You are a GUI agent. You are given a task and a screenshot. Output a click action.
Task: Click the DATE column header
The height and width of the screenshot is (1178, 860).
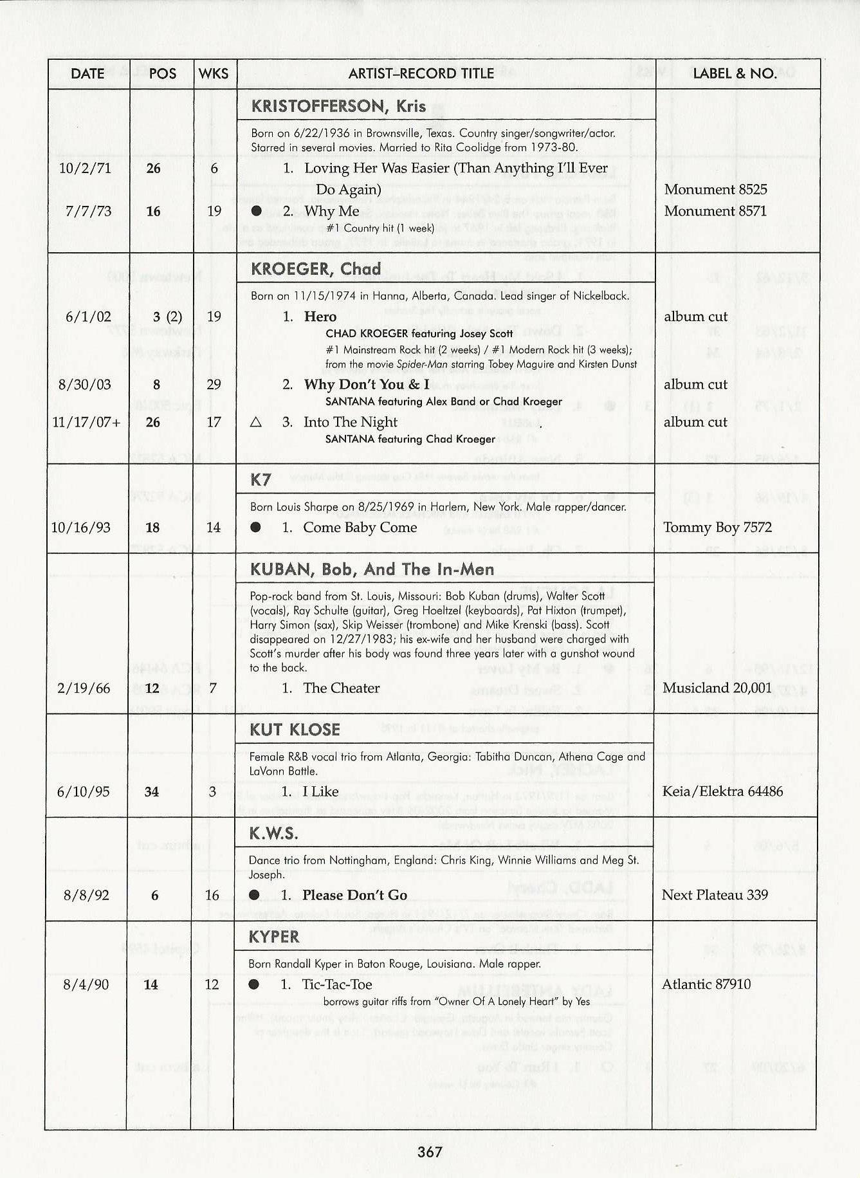pyautogui.click(x=87, y=73)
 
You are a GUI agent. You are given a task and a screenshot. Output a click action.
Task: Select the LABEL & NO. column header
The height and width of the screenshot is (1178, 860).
pyautogui.click(x=735, y=73)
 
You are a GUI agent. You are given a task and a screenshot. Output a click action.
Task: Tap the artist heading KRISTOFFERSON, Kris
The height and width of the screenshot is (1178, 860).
pyautogui.click(x=338, y=106)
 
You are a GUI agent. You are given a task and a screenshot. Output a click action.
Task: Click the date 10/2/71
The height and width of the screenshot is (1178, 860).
pyautogui.click(x=89, y=168)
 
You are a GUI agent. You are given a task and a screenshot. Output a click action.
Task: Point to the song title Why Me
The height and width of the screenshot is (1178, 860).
pyautogui.click(x=332, y=211)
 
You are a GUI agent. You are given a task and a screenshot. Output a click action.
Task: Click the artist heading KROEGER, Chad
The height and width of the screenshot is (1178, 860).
pyautogui.click(x=316, y=268)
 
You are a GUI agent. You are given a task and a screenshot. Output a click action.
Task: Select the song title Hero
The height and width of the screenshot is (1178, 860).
pyautogui.click(x=320, y=316)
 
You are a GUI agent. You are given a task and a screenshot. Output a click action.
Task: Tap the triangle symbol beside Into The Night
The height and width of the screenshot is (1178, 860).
pyautogui.click(x=255, y=422)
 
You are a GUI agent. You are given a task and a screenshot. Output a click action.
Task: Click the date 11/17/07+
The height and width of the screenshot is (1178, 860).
pyautogui.click(x=87, y=422)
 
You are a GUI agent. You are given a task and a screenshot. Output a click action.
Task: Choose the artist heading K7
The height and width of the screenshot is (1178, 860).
pyautogui.click(x=261, y=479)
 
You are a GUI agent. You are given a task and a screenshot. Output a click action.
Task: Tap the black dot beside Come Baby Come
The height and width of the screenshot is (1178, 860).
pyautogui.click(x=256, y=528)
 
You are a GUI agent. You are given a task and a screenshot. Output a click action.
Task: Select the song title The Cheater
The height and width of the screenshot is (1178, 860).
pyautogui.click(x=341, y=688)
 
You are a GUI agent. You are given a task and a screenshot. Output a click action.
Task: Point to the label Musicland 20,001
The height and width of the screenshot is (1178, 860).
pyautogui.click(x=717, y=688)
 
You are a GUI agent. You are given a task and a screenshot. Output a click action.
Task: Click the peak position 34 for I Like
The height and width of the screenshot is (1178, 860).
pyautogui.click(x=152, y=791)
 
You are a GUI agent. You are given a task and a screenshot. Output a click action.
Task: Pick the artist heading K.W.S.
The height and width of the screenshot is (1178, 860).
pyautogui.click(x=273, y=834)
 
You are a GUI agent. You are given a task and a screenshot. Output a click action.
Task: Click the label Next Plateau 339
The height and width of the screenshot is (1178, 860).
pyautogui.click(x=715, y=895)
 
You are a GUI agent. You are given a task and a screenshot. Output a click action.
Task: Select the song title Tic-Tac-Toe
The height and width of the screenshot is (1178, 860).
pyautogui.click(x=337, y=984)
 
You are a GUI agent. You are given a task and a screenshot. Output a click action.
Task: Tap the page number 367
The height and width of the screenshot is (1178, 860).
pyautogui.click(x=430, y=1152)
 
